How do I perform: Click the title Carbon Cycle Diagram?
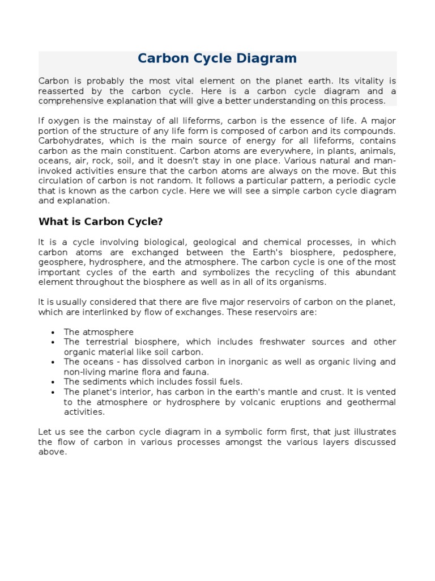[217, 58]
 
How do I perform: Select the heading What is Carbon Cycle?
[100, 221]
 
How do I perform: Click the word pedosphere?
[368, 252]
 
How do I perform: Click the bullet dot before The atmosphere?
[52, 332]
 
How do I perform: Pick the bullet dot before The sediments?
[52, 382]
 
